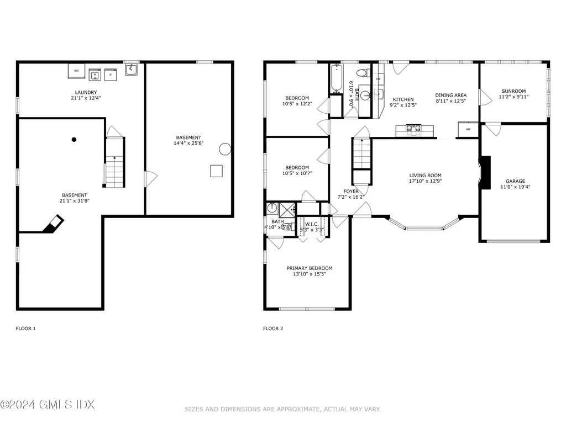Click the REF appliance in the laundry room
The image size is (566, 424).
(x=76, y=71)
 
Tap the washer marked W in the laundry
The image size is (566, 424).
(x=95, y=74)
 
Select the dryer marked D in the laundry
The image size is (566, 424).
(x=110, y=74)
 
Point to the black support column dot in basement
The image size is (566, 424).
(x=74, y=140)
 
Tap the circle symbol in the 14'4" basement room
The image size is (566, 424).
(x=225, y=149)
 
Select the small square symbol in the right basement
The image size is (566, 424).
(x=216, y=171)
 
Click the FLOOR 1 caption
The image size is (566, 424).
(x=25, y=328)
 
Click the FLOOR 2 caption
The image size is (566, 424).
(x=273, y=328)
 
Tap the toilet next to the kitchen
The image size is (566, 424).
(x=362, y=72)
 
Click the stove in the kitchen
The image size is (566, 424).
(x=412, y=129)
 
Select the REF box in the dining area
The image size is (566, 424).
(x=468, y=129)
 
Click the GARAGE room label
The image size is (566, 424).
(x=515, y=181)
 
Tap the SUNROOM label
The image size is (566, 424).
(x=513, y=91)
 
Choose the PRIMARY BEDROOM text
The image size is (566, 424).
(x=310, y=268)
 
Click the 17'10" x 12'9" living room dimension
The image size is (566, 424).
(x=425, y=181)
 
